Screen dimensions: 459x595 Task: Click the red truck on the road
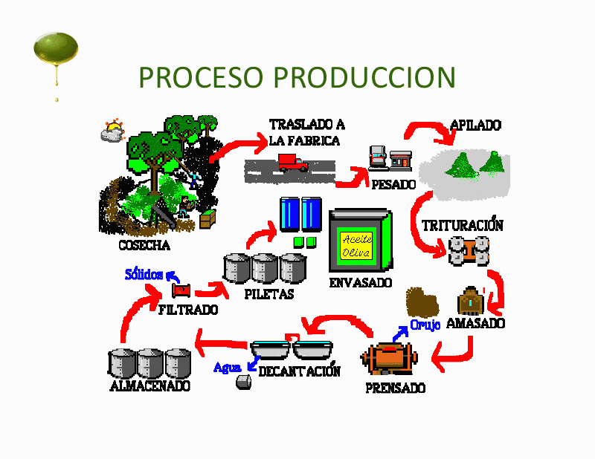[293, 163]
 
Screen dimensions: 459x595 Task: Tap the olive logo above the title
[55, 51]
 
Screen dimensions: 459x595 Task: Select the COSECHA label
[144, 245]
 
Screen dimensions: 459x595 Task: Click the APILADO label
[475, 126]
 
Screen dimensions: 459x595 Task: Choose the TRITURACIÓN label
[462, 225]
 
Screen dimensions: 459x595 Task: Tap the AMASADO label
[480, 323]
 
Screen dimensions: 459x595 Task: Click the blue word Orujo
[425, 325]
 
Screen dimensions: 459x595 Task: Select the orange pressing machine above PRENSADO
[391, 358]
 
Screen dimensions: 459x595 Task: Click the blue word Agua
[227, 367]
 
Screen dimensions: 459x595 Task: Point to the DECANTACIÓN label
[299, 371]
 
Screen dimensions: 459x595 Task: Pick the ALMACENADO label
[149, 385]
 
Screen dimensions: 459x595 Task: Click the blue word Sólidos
[144, 274]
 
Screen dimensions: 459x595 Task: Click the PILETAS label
[269, 293]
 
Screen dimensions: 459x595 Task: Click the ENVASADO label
[360, 283]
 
